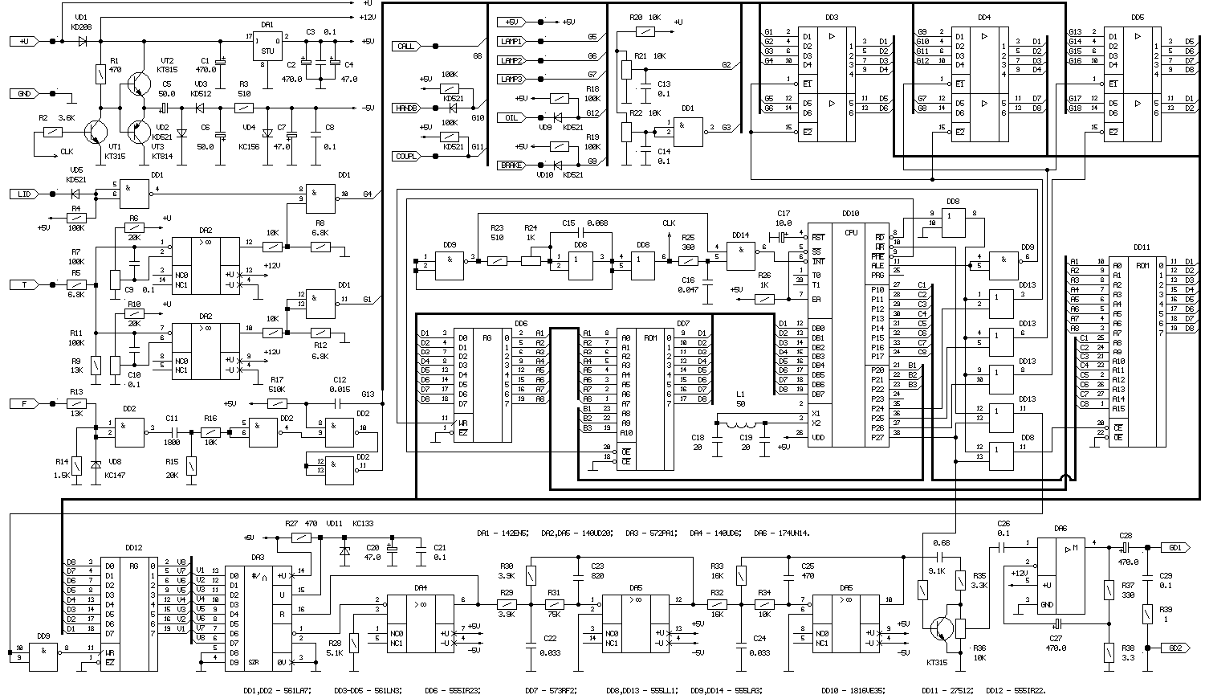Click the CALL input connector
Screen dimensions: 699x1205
(x=406, y=47)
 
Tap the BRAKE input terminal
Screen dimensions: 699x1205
(x=511, y=166)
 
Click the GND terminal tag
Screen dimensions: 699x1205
(x=24, y=94)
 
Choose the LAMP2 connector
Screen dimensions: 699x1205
(x=511, y=60)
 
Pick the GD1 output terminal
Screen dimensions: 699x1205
(x=1174, y=546)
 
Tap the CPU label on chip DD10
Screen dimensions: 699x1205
(x=851, y=233)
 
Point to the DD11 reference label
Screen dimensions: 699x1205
(x=1143, y=247)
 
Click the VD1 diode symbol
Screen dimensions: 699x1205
(x=82, y=40)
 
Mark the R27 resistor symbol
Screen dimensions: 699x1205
(x=301, y=537)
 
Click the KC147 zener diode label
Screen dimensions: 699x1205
(x=116, y=475)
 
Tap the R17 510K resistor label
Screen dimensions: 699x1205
(x=278, y=390)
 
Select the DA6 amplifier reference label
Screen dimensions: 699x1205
(x=1060, y=528)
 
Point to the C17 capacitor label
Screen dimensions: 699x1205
(x=784, y=212)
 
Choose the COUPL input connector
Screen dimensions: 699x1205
(x=406, y=157)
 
